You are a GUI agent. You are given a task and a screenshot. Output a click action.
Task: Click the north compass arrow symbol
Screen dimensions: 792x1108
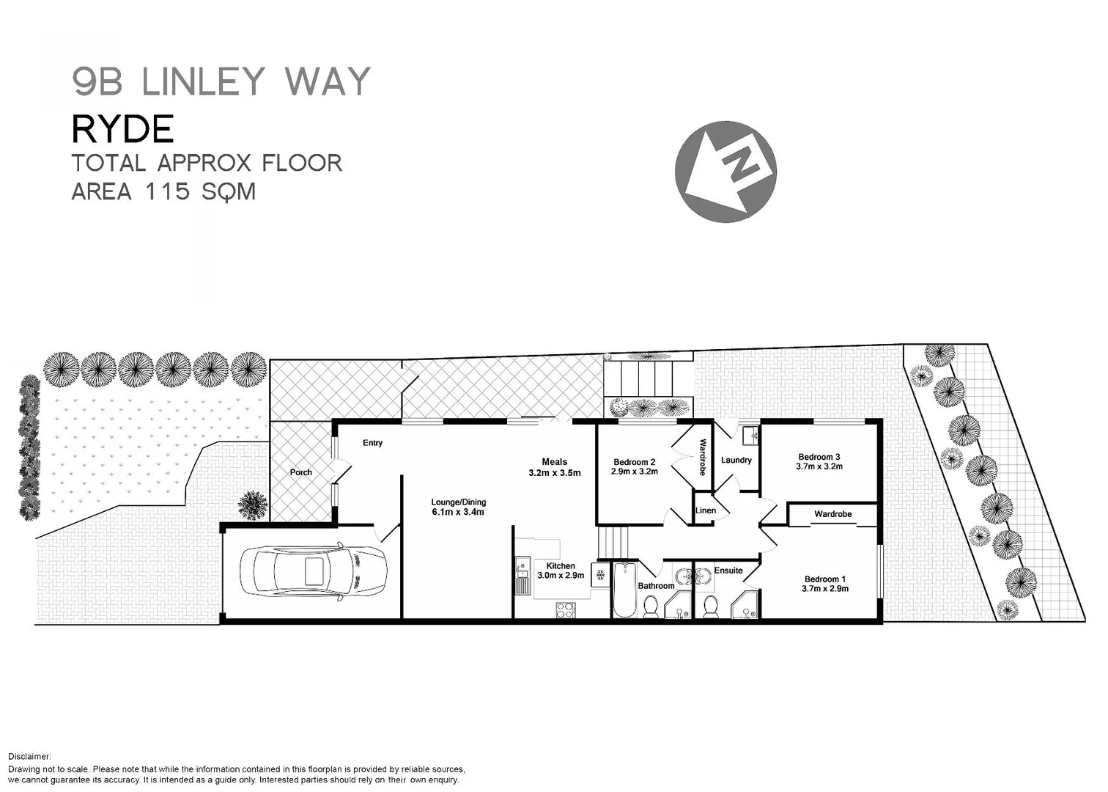pos(725,172)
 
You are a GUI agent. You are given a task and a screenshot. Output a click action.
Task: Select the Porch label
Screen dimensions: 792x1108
pos(300,472)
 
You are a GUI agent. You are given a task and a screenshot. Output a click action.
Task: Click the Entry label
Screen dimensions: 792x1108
pos(372,443)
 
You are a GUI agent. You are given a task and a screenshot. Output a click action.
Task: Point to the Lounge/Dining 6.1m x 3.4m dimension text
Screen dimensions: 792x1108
pos(458,512)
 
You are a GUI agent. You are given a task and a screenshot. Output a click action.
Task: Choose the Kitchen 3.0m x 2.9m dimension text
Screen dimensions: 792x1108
pos(561,576)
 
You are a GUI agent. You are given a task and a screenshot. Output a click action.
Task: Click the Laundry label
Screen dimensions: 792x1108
pos(736,461)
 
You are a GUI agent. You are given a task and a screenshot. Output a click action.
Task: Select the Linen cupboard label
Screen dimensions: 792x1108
pos(705,510)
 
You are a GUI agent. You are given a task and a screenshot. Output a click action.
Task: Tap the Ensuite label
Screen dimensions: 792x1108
pos(728,571)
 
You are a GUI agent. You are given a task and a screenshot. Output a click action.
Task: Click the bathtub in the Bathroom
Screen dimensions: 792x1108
pos(624,590)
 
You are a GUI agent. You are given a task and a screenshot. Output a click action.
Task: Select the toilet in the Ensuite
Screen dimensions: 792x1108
pos(709,606)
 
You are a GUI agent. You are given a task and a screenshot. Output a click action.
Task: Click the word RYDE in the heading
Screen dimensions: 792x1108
pos(122,130)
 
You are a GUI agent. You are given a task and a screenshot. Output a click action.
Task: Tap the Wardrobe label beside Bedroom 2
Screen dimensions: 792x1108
pos(702,458)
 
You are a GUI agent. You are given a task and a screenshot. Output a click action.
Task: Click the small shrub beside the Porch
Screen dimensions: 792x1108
pos(252,505)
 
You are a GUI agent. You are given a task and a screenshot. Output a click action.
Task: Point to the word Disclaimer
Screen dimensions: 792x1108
pos(29,756)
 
